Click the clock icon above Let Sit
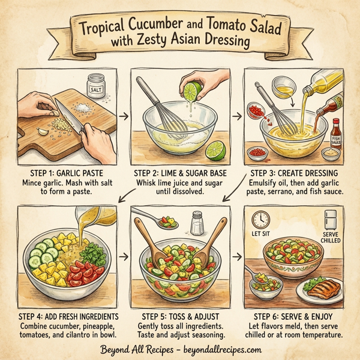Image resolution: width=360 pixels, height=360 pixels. (260, 218)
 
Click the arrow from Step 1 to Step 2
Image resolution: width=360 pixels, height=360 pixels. (125, 113)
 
